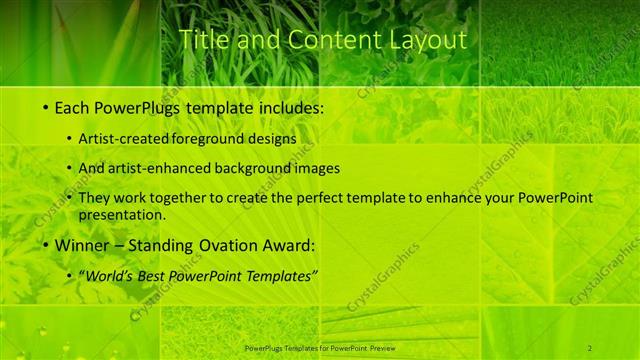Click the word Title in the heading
(x=202, y=40)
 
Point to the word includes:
(x=290, y=106)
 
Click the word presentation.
(x=129, y=214)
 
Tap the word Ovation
(x=225, y=245)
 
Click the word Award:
(x=289, y=245)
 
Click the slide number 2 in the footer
(x=590, y=347)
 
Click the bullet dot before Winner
(x=46, y=246)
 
